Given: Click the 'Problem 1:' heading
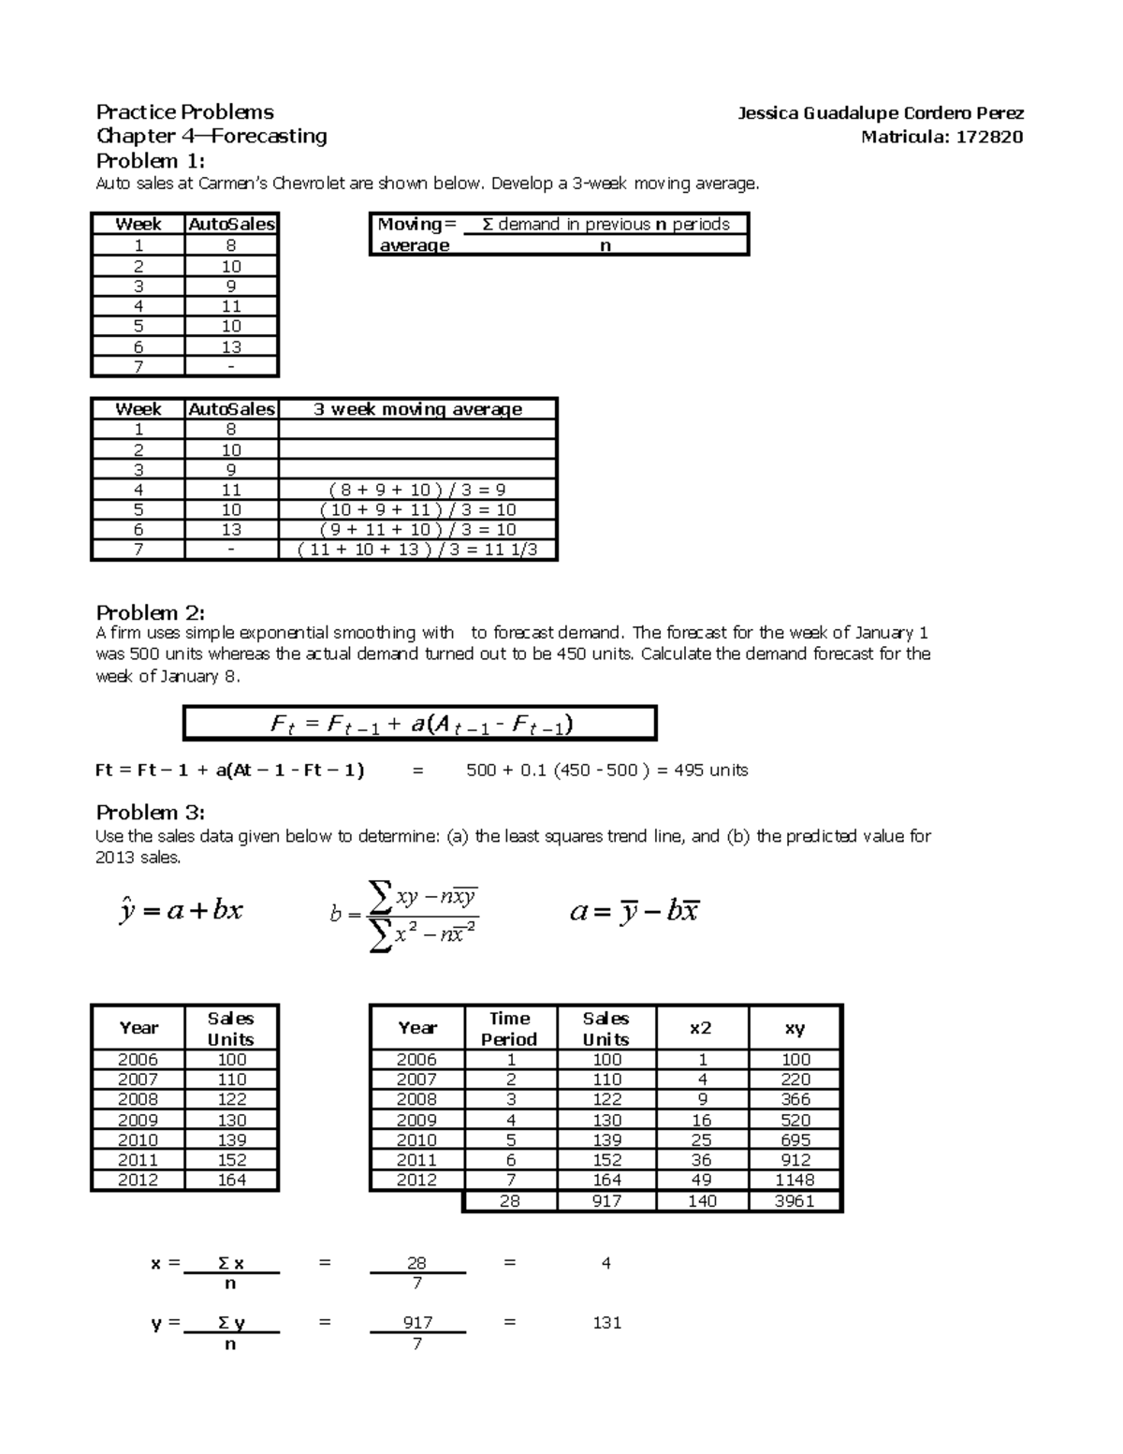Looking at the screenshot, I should (x=150, y=160).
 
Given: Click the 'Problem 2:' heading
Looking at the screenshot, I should (x=150, y=613).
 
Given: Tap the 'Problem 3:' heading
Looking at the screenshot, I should (x=150, y=812).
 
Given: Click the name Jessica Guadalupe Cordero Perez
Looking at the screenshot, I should (x=880, y=113).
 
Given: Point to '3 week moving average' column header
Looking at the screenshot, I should (x=417, y=409).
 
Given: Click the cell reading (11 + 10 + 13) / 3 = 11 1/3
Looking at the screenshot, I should (x=417, y=550).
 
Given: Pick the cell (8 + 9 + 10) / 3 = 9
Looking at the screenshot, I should (x=417, y=490).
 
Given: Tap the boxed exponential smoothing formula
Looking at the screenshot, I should (x=420, y=724).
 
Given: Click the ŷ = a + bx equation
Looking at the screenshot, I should (x=182, y=910).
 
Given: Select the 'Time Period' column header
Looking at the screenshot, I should (x=509, y=1028).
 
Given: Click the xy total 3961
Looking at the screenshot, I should (x=795, y=1201).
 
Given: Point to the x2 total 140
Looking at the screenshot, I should (x=702, y=1201).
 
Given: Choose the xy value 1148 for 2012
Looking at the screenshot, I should (x=795, y=1181).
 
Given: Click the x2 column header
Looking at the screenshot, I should (x=701, y=1028).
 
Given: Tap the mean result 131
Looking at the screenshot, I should (x=606, y=1323).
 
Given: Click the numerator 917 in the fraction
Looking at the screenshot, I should (x=417, y=1322).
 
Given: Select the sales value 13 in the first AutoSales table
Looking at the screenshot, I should (x=231, y=346).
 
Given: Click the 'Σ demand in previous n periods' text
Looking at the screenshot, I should (x=605, y=224).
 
